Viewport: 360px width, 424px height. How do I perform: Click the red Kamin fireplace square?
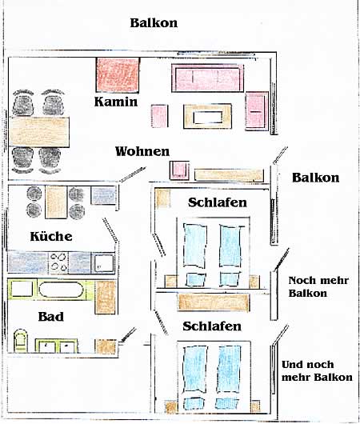click(118, 74)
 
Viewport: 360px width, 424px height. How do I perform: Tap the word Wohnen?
click(142, 151)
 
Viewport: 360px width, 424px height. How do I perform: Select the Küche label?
click(51, 236)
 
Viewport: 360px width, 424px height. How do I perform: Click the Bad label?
click(51, 316)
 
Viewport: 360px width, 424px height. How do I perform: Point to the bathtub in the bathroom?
click(61, 290)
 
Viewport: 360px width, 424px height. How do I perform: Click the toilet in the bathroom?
click(21, 341)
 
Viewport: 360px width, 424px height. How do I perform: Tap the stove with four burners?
click(58, 262)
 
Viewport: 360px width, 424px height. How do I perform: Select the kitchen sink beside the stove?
click(103, 262)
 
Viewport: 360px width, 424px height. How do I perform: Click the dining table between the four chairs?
click(39, 132)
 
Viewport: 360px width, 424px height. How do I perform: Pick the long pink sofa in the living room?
click(207, 78)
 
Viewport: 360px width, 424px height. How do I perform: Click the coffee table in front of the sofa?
click(207, 117)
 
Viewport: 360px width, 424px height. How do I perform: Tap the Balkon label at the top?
click(154, 22)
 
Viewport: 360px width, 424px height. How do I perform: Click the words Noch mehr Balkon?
click(318, 286)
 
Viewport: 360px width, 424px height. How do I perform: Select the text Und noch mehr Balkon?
click(317, 370)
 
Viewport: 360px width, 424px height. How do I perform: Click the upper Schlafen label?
click(218, 202)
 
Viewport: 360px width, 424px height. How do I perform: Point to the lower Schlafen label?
click(212, 326)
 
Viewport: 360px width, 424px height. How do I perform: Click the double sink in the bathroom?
click(57, 346)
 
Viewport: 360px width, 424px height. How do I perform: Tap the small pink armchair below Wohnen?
click(179, 170)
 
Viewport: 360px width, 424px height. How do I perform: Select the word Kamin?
click(116, 102)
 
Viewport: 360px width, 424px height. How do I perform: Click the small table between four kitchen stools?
click(56, 202)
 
